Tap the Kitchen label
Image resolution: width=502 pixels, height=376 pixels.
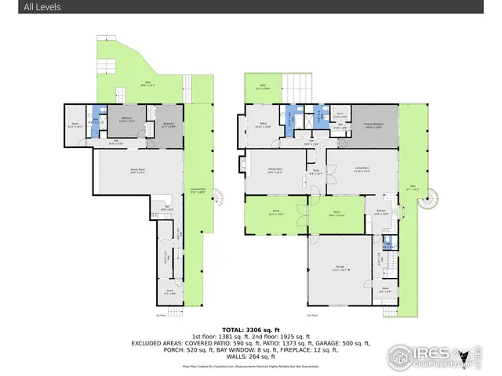(381, 211)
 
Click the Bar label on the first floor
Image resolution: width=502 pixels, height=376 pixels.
(166, 209)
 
